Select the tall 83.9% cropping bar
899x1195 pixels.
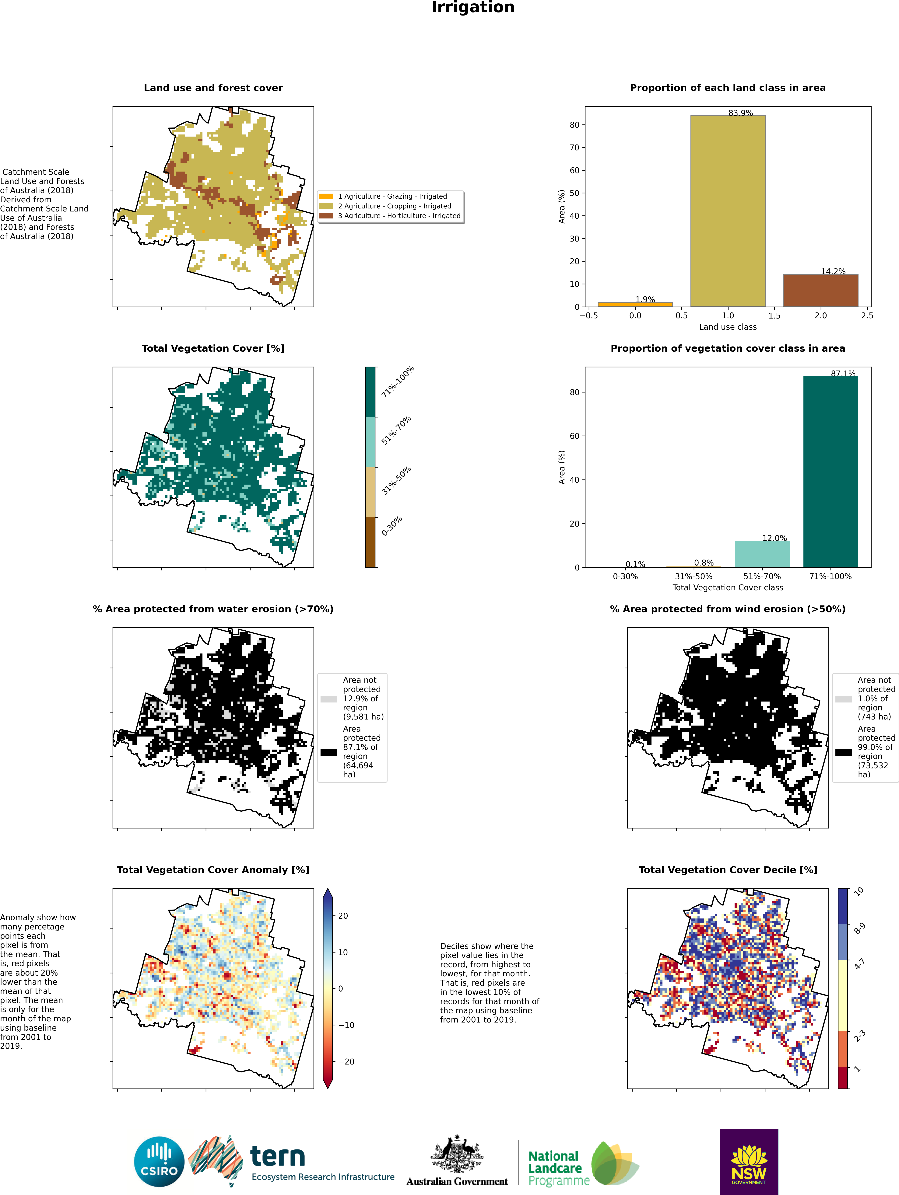tap(728, 211)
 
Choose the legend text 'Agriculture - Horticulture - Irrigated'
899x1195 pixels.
tap(399, 216)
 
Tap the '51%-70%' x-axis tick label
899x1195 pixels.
tap(762, 577)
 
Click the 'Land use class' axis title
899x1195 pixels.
tap(728, 327)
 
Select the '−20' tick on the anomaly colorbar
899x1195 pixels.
tap(346, 1062)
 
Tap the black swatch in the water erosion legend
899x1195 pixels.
tap(329, 752)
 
